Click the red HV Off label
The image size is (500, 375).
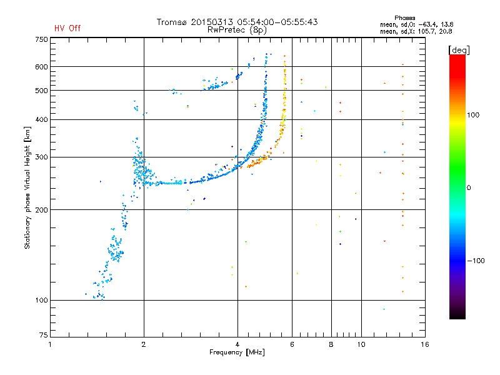click(x=67, y=28)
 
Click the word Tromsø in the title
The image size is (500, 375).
click(x=172, y=22)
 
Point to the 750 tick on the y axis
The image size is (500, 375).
click(x=41, y=39)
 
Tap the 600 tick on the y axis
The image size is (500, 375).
click(x=41, y=67)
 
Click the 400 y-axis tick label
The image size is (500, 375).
click(x=41, y=119)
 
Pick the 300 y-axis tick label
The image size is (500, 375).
click(x=41, y=157)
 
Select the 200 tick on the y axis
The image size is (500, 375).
click(x=41, y=210)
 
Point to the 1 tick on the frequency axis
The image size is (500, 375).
click(x=51, y=344)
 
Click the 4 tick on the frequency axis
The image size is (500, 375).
click(x=237, y=344)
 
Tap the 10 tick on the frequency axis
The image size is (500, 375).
click(x=361, y=344)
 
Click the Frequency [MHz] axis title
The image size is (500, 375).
click(x=237, y=353)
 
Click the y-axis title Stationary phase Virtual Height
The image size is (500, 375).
click(x=27, y=187)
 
